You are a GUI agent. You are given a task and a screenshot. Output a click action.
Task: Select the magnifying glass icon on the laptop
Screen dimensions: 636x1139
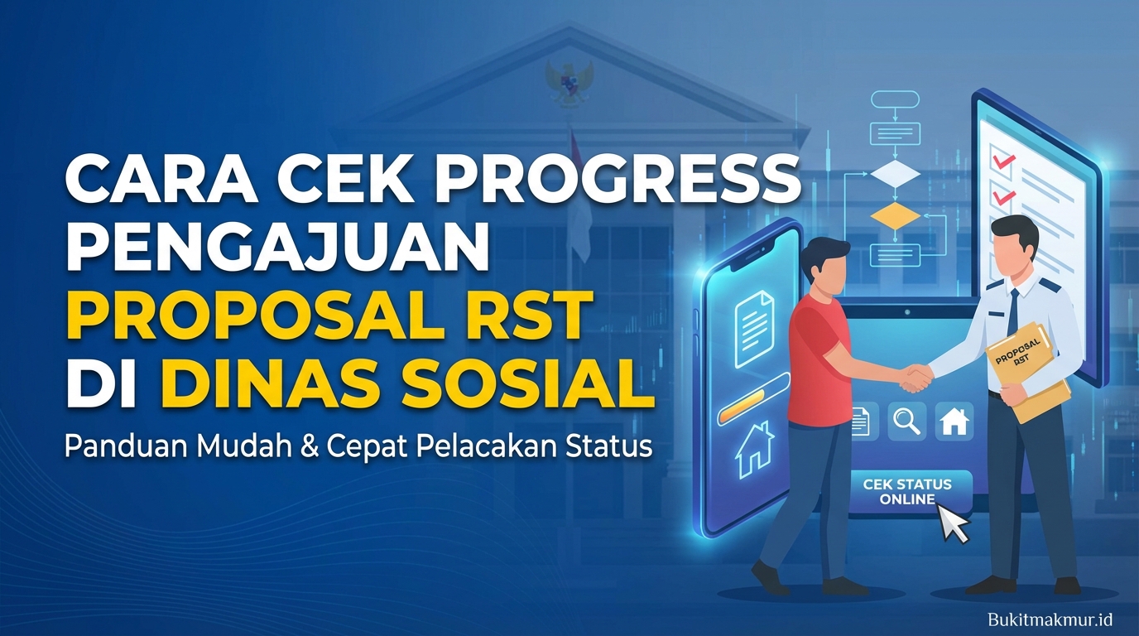coord(906,421)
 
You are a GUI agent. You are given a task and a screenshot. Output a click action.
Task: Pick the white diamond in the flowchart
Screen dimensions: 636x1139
coord(896,174)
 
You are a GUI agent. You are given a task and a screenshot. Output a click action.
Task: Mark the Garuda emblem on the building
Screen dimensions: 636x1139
coord(569,83)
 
